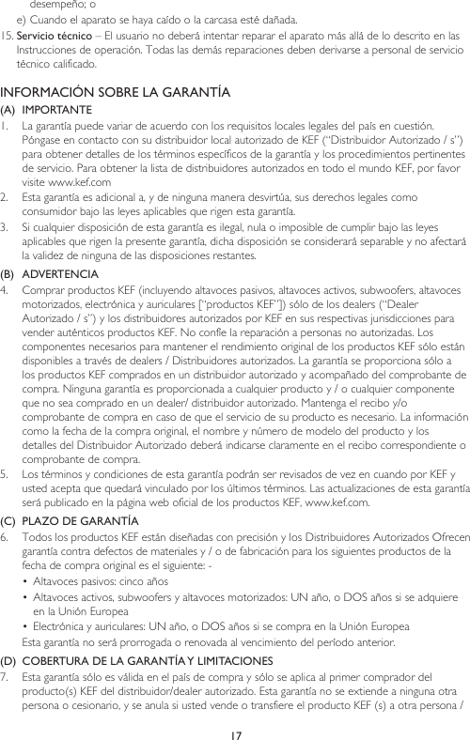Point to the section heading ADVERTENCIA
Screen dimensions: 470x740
coord(62,273)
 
